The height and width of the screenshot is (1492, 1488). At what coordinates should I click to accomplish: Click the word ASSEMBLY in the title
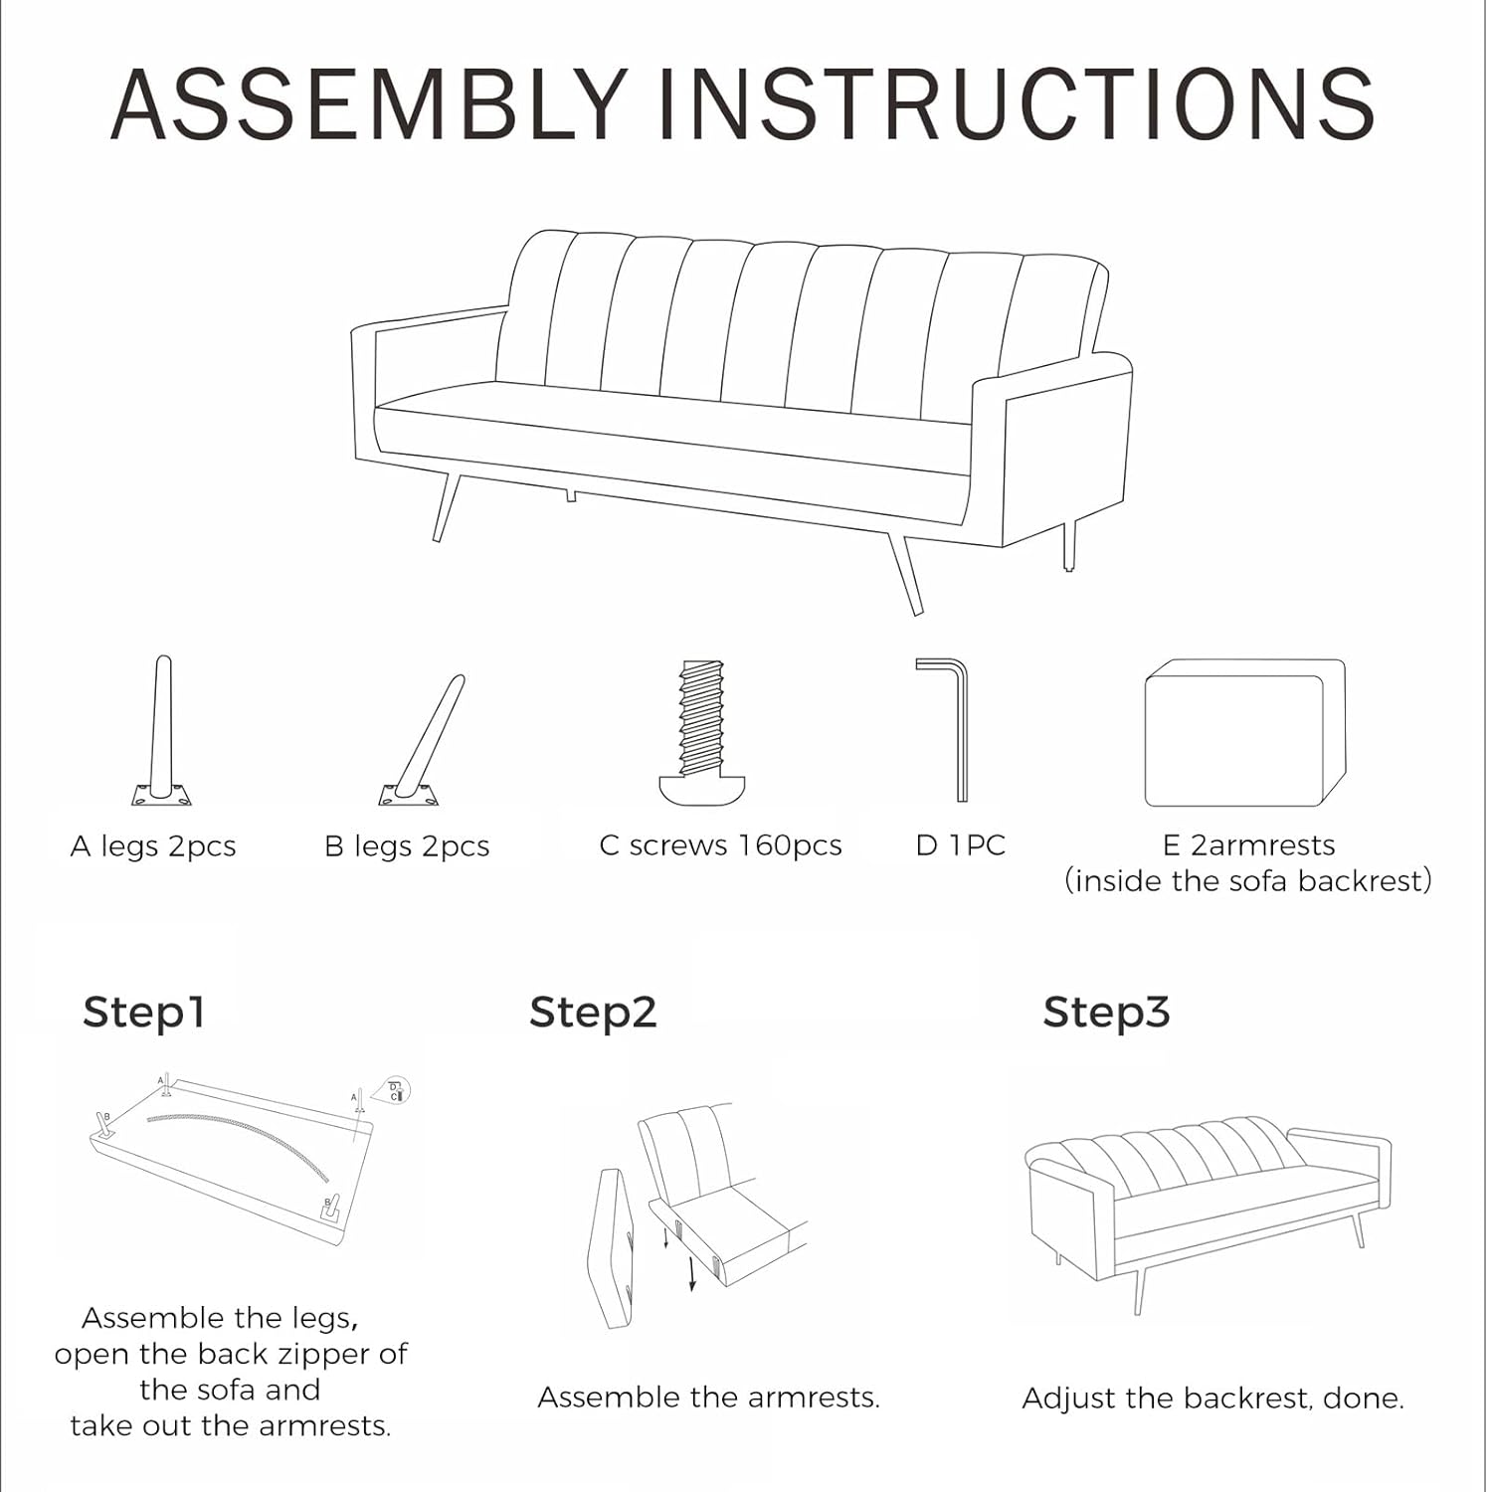[369, 103]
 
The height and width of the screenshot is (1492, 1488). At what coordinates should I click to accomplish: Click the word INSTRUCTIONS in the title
[1016, 103]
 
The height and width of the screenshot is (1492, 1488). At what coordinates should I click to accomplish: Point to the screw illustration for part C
[702, 732]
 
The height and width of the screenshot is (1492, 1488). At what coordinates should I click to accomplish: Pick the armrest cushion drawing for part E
[1244, 732]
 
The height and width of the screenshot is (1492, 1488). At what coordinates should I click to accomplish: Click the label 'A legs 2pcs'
[153, 846]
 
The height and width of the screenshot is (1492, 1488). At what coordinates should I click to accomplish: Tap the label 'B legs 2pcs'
[407, 846]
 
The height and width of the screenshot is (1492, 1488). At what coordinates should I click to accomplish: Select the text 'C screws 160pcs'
[720, 845]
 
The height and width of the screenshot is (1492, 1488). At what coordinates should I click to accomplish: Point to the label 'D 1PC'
[960, 845]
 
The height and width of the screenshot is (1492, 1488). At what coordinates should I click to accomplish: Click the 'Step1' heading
[144, 1013]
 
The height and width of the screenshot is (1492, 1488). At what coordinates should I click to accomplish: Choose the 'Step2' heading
[593, 1013]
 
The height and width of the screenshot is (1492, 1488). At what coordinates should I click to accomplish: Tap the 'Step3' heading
[1106, 1013]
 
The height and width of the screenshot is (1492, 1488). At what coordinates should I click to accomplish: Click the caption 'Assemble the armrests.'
[708, 1398]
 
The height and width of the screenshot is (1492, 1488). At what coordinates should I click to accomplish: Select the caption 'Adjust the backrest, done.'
[1212, 1399]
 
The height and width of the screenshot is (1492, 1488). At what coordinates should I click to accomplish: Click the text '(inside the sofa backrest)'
[1248, 881]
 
